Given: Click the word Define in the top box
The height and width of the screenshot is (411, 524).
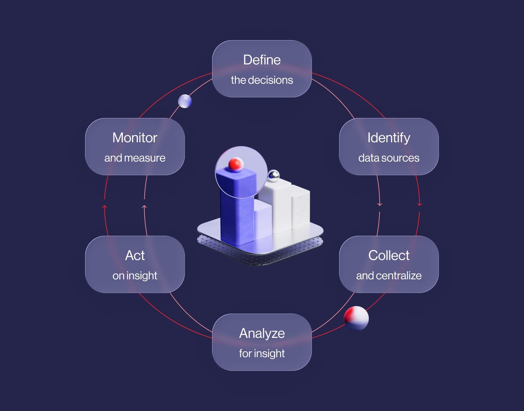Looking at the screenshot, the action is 262,60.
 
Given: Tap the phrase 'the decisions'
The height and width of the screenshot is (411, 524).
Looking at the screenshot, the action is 262,80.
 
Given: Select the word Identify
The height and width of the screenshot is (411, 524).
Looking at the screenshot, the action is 389,138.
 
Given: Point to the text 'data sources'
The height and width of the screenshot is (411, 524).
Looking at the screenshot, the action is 389,158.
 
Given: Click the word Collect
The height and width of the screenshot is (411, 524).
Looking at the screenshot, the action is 389,255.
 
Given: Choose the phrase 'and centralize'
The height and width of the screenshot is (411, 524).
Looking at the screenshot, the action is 389,276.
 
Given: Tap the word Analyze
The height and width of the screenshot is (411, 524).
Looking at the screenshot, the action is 262,334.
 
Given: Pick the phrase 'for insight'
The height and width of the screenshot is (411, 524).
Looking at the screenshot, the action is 262,353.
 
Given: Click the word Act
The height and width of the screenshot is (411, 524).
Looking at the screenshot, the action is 135,255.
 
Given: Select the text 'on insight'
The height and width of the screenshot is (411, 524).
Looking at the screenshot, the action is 135,276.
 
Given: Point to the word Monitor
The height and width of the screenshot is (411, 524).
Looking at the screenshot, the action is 135,138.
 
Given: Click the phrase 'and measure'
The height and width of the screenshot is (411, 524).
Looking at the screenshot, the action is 135,158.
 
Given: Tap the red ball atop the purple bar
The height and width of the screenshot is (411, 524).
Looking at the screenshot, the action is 235,164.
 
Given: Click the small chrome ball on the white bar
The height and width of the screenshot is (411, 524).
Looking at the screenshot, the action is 274,175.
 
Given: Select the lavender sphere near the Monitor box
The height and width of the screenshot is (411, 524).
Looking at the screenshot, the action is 185,101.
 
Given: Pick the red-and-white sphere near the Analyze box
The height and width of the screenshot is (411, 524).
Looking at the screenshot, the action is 356,318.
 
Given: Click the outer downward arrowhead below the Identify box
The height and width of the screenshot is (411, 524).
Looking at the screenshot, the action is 420,204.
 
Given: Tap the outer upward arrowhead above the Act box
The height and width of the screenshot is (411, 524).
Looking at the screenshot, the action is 104,207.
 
